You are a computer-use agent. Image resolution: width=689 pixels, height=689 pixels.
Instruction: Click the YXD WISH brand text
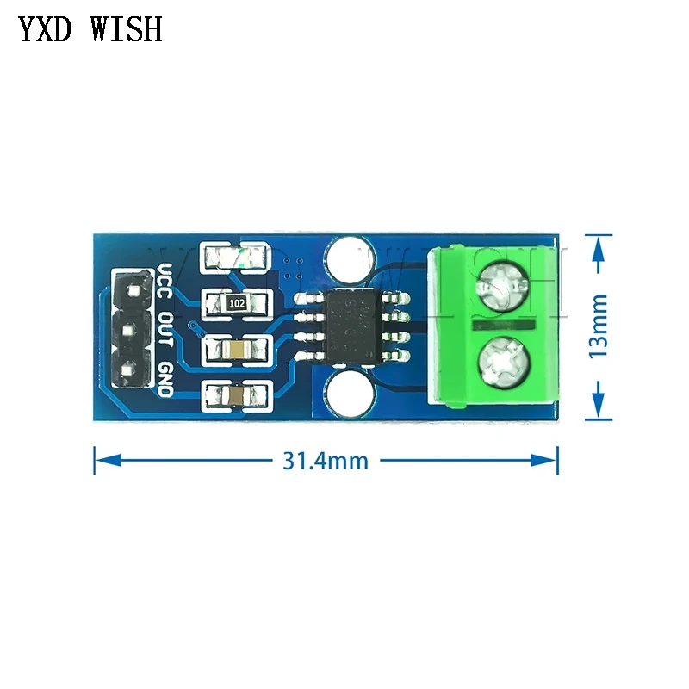click(90, 29)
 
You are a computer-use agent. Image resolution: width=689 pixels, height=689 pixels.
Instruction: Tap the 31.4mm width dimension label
click(325, 461)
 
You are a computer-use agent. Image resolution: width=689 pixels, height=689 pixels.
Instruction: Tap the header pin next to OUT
click(131, 331)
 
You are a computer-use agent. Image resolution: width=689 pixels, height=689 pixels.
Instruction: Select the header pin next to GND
click(131, 372)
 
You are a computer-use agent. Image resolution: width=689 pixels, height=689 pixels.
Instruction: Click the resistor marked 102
click(238, 303)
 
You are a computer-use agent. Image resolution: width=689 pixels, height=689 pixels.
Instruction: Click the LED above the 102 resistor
click(238, 257)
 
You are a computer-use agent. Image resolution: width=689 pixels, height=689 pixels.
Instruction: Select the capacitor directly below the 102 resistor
click(238, 350)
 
